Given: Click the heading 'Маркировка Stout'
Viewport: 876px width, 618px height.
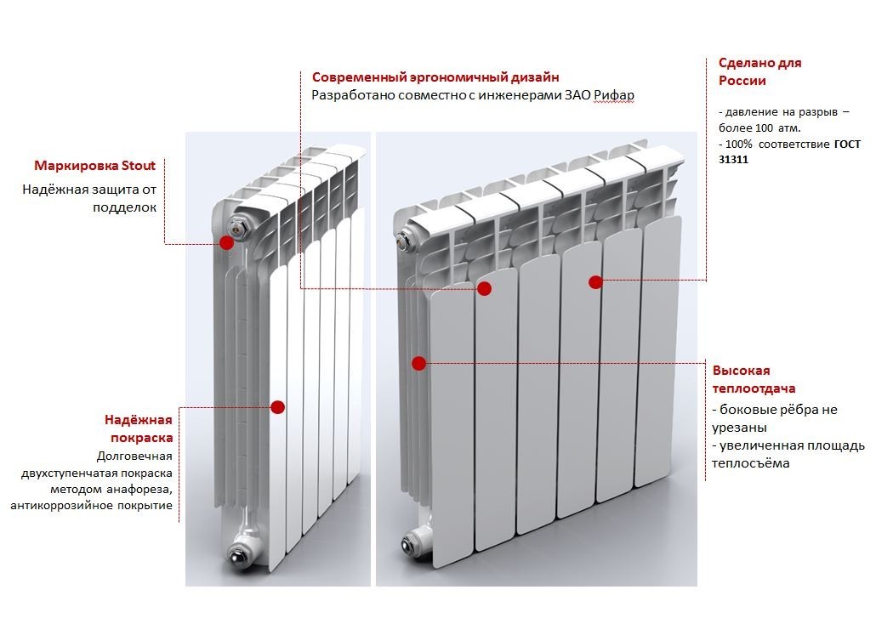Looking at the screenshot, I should (95, 166).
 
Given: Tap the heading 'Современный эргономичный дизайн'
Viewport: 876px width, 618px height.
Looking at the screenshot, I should (435, 77).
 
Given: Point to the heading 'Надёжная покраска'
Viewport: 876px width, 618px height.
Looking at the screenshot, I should (139, 428).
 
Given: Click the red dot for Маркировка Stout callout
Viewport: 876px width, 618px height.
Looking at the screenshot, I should (226, 243).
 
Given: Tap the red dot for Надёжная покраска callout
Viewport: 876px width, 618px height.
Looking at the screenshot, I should (277, 407).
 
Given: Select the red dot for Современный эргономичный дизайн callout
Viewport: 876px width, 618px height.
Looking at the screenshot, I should (484, 289).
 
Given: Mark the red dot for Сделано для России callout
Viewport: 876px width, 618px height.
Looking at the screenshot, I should (595, 282).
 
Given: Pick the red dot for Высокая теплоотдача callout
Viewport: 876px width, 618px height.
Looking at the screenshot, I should (418, 364).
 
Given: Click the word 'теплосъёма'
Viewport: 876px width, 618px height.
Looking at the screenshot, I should (751, 463).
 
